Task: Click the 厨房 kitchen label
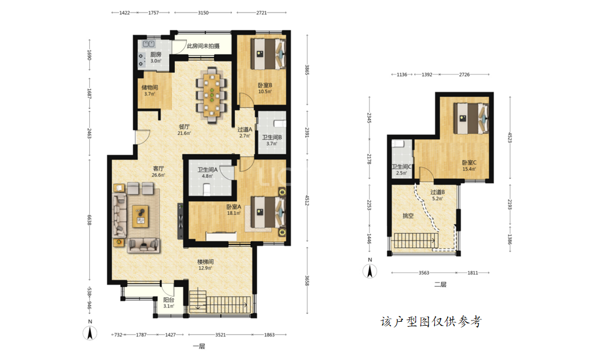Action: pyautogui.click(x=156, y=54)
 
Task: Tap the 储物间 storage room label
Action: pyautogui.click(x=150, y=87)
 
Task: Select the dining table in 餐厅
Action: pyautogui.click(x=211, y=94)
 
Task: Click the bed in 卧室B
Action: pyautogui.click(x=268, y=54)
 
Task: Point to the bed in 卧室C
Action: pyautogui.click(x=471, y=118)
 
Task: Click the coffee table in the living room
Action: pyautogui.click(x=141, y=217)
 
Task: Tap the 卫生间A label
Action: pyautogui.click(x=207, y=170)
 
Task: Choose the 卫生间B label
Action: pyautogui.click(x=272, y=137)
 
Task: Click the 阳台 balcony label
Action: pyautogui.click(x=169, y=300)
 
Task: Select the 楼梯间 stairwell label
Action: pyautogui.click(x=205, y=262)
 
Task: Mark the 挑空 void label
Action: pyautogui.click(x=408, y=216)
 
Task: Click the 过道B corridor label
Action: pyautogui.click(x=438, y=193)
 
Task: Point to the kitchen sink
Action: pyautogui.click(x=148, y=44)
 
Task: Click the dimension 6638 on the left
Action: pyautogui.click(x=90, y=220)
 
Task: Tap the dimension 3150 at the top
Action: pyautogui.click(x=203, y=13)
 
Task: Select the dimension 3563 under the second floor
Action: pyautogui.click(x=424, y=273)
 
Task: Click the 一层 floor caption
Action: pyautogui.click(x=199, y=346)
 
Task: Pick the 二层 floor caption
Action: pyautogui.click(x=440, y=285)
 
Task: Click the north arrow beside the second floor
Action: pyautogui.click(x=370, y=271)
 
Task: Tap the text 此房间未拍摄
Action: pyautogui.click(x=203, y=46)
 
